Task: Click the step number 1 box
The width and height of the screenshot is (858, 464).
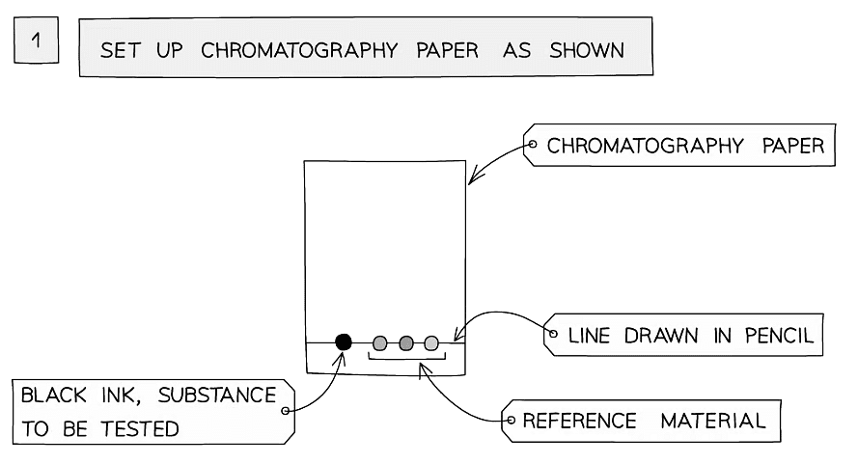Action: (x=37, y=43)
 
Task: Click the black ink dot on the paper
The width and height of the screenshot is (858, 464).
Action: (x=343, y=341)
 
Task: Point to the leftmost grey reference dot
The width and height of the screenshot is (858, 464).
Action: (x=380, y=342)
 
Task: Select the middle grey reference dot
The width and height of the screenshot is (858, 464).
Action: (x=405, y=342)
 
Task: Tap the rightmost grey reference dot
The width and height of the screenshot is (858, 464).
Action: (x=430, y=342)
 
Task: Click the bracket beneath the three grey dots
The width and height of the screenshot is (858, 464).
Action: (x=406, y=360)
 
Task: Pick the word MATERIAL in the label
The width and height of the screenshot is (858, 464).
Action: (x=713, y=422)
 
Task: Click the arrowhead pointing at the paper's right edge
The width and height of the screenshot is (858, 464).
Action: (x=471, y=179)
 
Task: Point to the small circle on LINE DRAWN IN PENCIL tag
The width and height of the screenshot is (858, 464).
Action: (x=553, y=335)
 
